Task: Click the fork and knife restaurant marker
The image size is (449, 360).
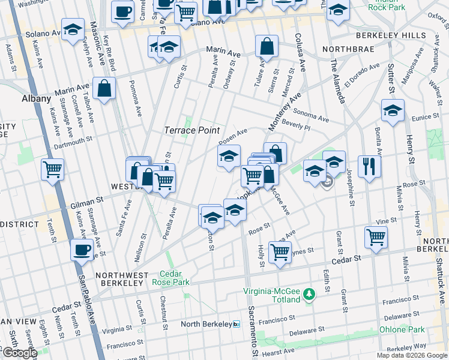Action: click(369, 165)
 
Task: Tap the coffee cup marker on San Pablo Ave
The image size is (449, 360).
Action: click(82, 249)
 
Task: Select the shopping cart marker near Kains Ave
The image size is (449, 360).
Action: click(53, 169)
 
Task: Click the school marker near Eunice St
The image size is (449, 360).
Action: click(393, 110)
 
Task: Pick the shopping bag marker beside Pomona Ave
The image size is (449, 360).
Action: click(104, 88)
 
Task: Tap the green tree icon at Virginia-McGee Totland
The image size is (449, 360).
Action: click(309, 294)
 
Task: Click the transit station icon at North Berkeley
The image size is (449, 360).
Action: click(237, 324)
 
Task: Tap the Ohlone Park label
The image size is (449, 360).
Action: click(402, 329)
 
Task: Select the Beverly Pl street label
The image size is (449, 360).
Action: click(295, 127)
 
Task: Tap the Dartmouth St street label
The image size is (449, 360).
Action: click(73, 139)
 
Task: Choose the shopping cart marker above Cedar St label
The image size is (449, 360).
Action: click(375, 237)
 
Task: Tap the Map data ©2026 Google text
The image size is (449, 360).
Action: click(411, 355)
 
